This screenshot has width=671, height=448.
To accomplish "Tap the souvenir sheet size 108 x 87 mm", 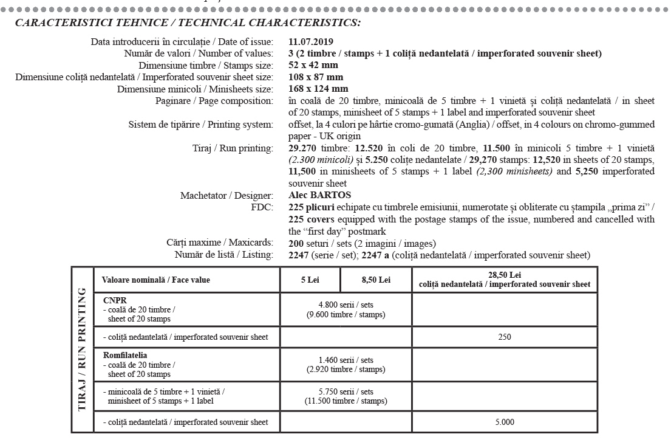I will pyautogui.click(x=316, y=77).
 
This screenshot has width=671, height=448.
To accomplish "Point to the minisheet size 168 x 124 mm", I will pyautogui.click(x=318, y=89).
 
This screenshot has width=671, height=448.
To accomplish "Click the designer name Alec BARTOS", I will pyautogui.click(x=320, y=195).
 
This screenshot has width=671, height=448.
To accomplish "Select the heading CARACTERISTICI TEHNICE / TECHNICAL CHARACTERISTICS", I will pyautogui.click(x=188, y=23).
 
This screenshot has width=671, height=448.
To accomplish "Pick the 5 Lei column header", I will pyautogui.click(x=310, y=280).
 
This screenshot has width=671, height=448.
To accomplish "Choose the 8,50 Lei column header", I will pyautogui.click(x=376, y=280).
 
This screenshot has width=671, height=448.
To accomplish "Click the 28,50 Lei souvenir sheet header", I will pyautogui.click(x=504, y=280).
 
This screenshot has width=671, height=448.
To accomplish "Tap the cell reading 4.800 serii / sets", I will pyautogui.click(x=346, y=309).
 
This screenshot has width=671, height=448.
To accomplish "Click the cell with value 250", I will pyautogui.click(x=504, y=337).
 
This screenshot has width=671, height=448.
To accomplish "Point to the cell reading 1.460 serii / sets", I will pyautogui.click(x=346, y=364).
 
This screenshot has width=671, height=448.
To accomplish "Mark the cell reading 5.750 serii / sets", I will pyautogui.click(x=346, y=396).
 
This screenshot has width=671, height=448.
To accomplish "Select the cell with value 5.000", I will pyautogui.click(x=504, y=422).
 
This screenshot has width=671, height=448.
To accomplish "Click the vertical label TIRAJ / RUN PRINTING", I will pyautogui.click(x=82, y=350).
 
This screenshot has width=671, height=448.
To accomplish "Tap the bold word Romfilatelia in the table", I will pyautogui.click(x=125, y=355).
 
